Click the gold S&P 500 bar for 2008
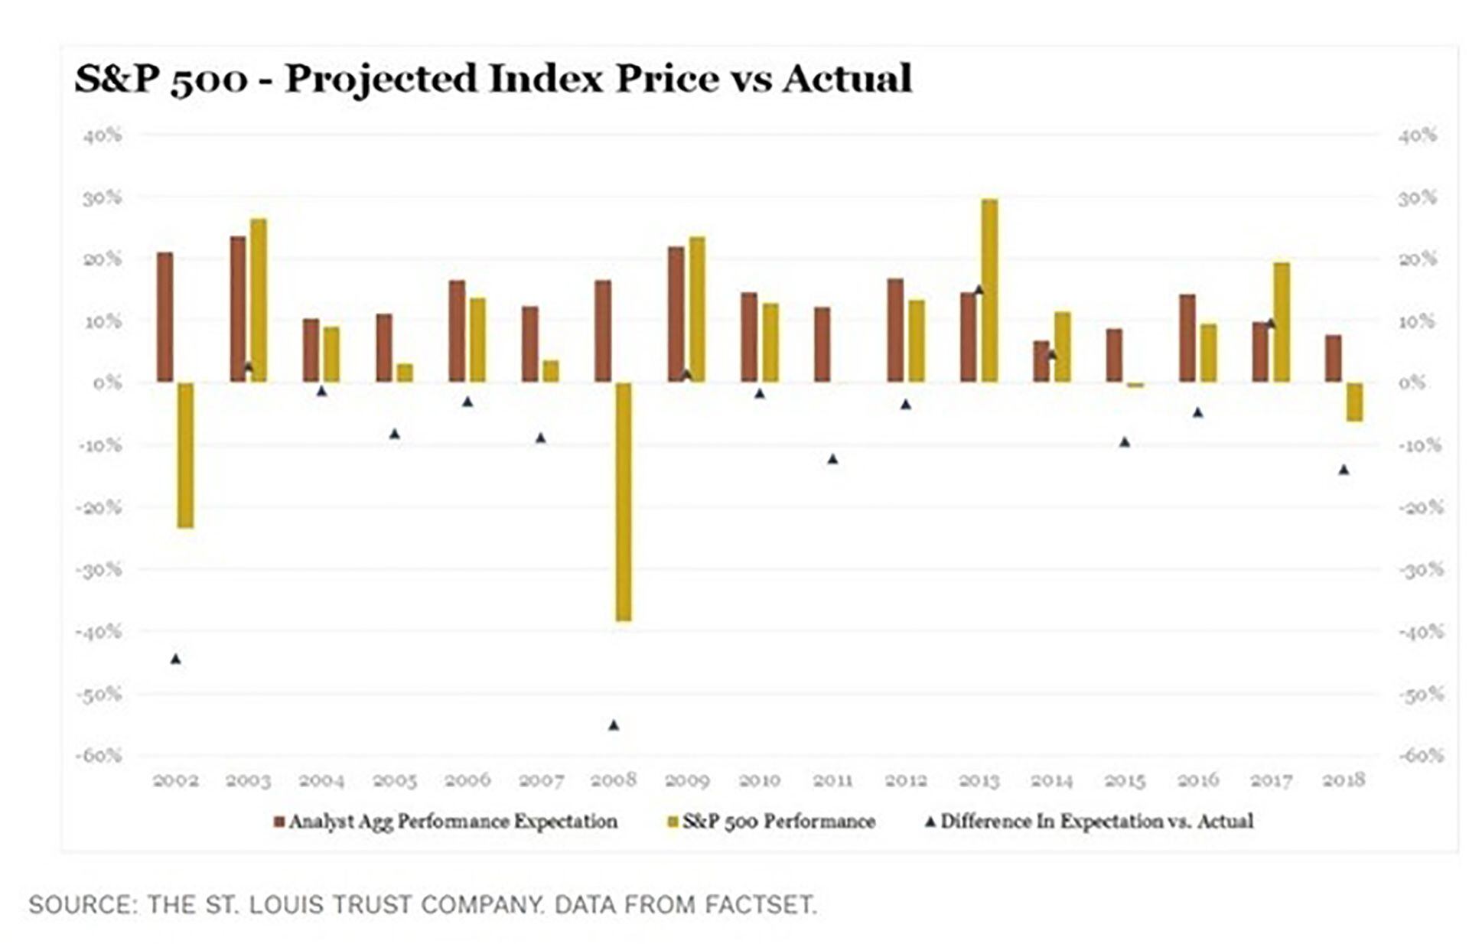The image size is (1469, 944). (624, 501)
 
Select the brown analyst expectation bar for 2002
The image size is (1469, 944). (164, 317)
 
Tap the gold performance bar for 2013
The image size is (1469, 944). (989, 291)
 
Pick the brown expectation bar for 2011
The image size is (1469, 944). (822, 344)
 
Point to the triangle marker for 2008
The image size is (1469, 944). (614, 725)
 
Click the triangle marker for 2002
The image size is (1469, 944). (176, 659)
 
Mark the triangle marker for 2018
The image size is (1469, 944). (1344, 470)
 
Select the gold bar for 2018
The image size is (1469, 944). (1354, 402)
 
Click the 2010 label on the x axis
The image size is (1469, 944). (760, 780)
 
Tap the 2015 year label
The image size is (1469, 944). (1125, 780)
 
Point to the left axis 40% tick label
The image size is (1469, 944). (103, 135)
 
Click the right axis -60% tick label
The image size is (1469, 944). (1420, 756)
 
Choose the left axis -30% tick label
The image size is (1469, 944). (99, 570)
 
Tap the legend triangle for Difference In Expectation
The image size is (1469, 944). (930, 822)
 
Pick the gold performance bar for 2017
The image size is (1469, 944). (1282, 322)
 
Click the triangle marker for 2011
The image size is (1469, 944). (833, 459)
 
